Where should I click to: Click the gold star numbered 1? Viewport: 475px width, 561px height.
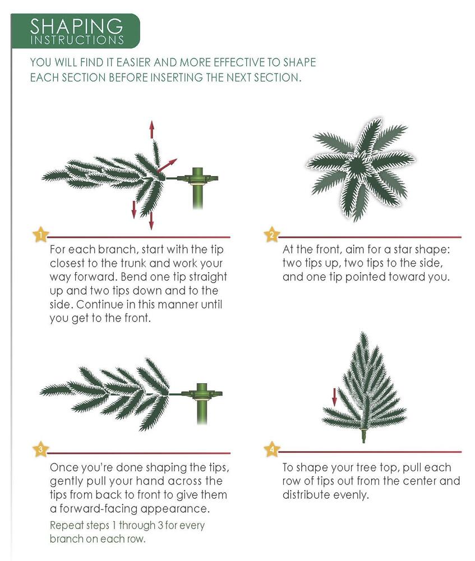40,234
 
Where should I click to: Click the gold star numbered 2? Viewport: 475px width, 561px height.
271,234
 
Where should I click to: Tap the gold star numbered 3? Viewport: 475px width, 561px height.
40,449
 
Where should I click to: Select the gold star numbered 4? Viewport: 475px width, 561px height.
271,449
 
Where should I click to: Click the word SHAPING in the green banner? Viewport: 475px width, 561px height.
76,26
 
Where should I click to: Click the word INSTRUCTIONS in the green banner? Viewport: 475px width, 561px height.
77,40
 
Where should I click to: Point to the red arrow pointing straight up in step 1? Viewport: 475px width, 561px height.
151,129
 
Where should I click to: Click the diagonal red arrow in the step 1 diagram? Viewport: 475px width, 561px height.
167,165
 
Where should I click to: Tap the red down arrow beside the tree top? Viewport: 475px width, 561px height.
334,397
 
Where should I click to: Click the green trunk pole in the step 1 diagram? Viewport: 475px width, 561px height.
197,188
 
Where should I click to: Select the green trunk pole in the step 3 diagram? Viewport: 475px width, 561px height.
202,403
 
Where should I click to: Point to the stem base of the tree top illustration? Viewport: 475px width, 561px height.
364,435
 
